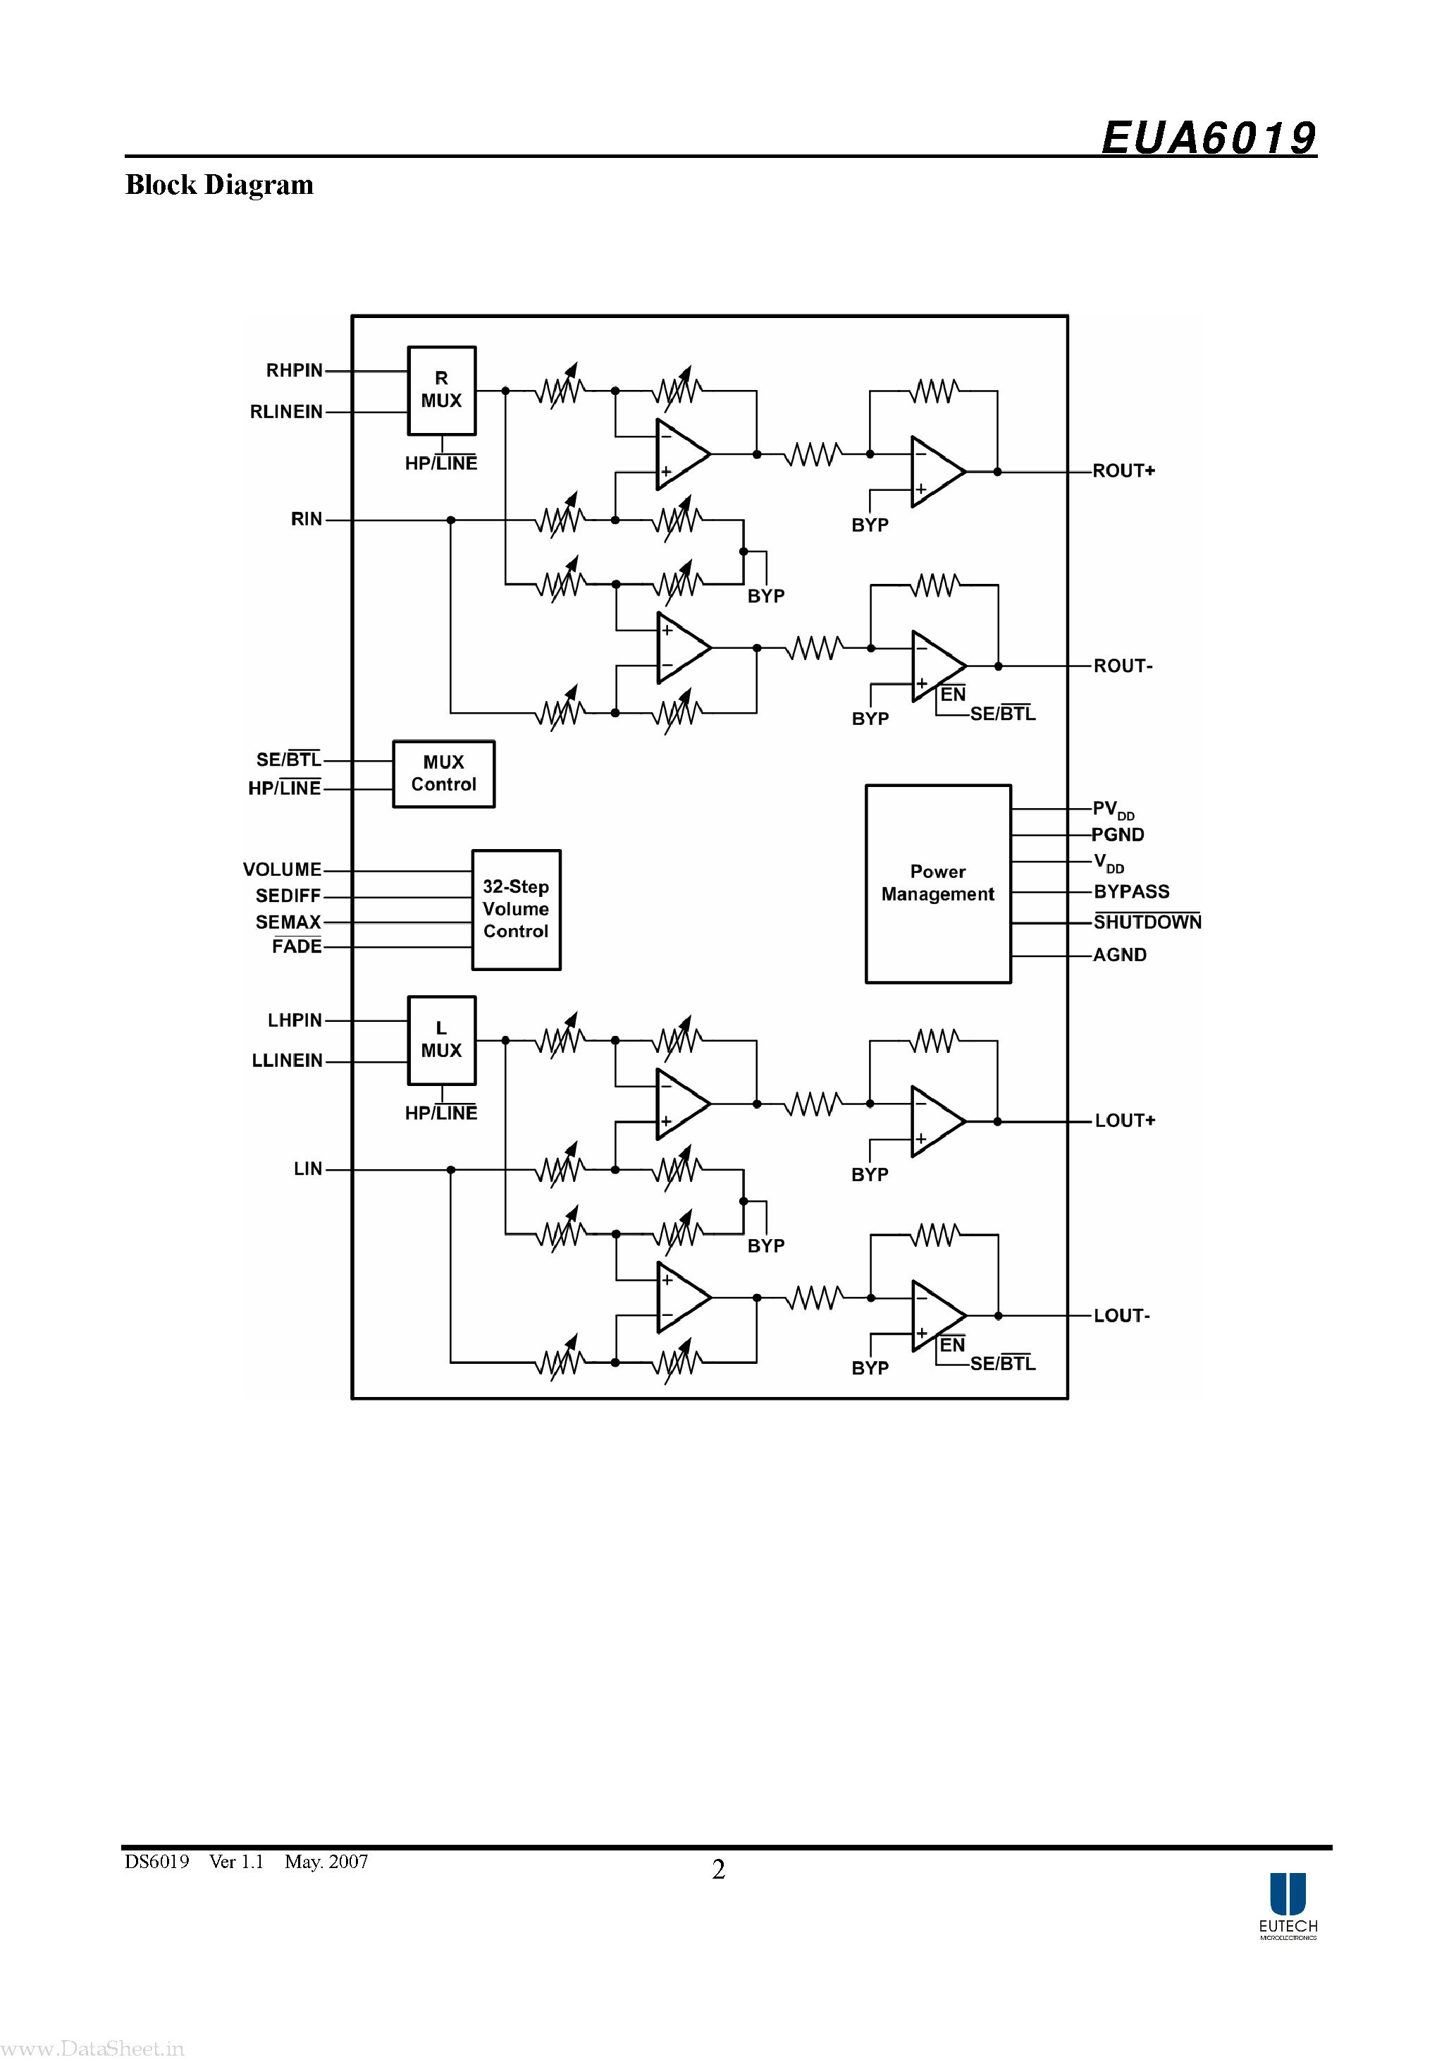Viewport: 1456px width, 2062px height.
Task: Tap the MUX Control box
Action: (x=443, y=773)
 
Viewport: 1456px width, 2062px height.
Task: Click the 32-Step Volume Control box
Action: (x=516, y=909)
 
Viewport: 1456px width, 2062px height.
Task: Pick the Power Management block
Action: (x=937, y=884)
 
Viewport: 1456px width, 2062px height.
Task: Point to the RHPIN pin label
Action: (x=294, y=371)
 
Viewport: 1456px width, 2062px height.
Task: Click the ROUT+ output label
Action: (x=1123, y=470)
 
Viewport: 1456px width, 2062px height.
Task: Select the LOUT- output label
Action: (x=1121, y=1316)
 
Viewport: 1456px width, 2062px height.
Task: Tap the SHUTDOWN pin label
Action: (x=1147, y=922)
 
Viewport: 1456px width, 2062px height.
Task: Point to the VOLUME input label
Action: (x=282, y=870)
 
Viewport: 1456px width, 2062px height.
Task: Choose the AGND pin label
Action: (x=1119, y=955)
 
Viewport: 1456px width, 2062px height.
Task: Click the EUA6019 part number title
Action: (x=1207, y=138)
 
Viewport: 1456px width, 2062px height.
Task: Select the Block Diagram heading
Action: (x=219, y=185)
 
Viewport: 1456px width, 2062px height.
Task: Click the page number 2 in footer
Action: (x=718, y=1869)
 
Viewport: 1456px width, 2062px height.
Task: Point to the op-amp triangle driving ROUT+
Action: (x=934, y=472)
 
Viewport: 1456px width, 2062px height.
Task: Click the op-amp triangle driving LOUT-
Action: (x=935, y=1316)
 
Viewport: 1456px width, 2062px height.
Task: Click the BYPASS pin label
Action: (x=1131, y=892)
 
